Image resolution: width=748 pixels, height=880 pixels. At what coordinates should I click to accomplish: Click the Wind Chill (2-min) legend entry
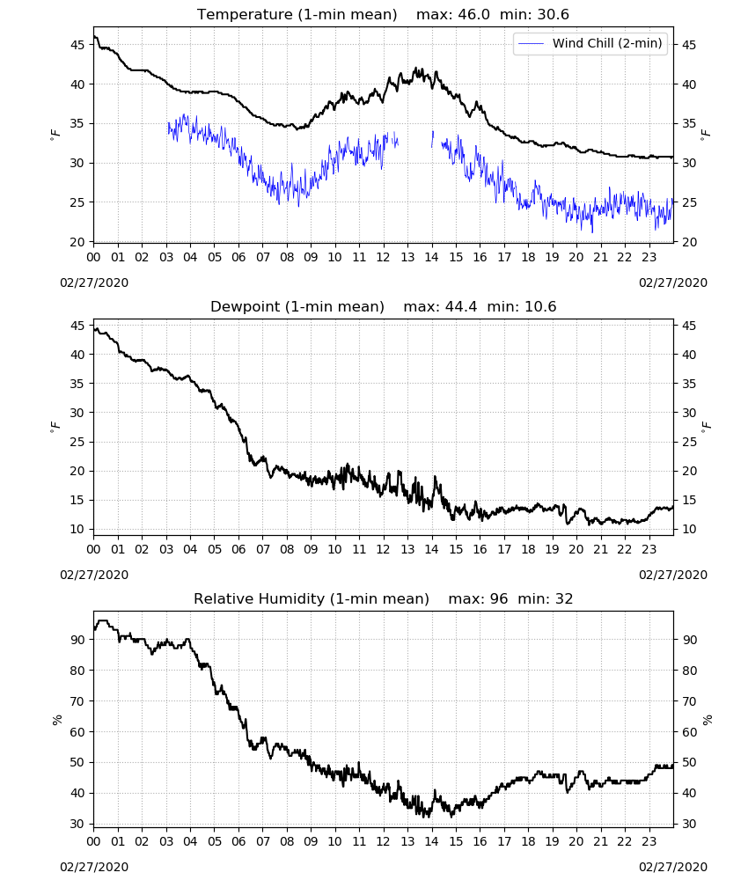[x=590, y=43]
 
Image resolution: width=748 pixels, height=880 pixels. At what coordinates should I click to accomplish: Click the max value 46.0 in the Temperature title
[x=474, y=15]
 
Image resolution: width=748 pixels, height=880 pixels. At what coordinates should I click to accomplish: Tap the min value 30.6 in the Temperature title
[x=554, y=15]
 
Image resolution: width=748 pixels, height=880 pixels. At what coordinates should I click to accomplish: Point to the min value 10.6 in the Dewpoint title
[x=540, y=307]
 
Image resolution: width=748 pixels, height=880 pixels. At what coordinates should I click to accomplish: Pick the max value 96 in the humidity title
[x=499, y=598]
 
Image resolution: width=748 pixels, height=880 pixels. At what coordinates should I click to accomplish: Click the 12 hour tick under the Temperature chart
[x=384, y=258]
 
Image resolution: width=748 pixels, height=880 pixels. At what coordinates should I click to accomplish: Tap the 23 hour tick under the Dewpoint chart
[x=649, y=549]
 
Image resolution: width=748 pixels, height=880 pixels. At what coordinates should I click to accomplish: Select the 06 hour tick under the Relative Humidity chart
[x=239, y=841]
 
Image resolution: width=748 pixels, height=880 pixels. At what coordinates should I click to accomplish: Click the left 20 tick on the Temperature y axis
[x=77, y=242]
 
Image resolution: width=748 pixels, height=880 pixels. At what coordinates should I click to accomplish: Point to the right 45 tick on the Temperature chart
[x=689, y=45]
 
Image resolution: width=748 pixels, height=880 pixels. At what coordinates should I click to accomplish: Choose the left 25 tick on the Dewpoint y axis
[x=77, y=442]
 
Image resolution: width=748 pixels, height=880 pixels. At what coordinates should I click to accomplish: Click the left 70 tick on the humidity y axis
[x=77, y=701]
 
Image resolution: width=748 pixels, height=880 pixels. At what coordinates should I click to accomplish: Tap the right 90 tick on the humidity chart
[x=689, y=640]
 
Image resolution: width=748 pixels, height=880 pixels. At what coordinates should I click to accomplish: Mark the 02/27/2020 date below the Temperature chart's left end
[x=94, y=282]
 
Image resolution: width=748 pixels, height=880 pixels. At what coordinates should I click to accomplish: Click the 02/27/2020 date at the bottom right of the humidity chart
[x=673, y=867]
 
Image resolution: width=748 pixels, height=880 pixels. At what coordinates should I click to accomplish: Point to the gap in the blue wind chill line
[x=415, y=140]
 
